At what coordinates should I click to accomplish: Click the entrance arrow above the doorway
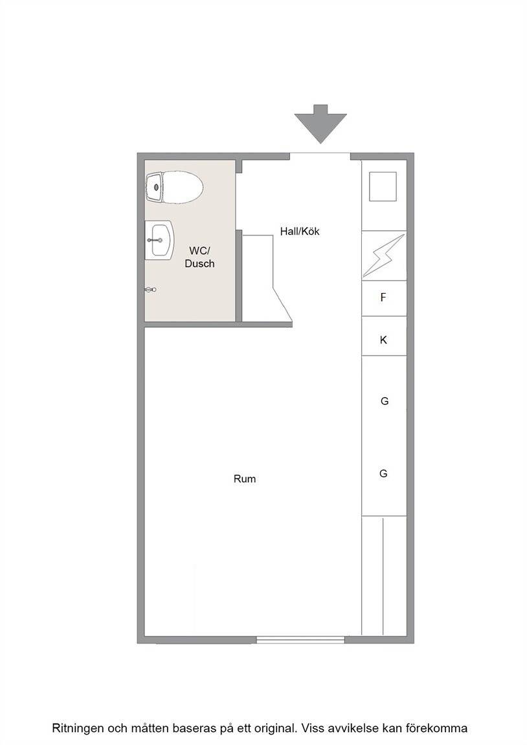pos(320,124)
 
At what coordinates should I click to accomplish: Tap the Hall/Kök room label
pos(300,232)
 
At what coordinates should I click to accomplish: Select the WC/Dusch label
pos(200,257)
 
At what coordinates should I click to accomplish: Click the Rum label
pos(245,479)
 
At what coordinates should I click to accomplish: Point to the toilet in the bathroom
pos(175,188)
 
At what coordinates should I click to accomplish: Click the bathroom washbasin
pos(159,240)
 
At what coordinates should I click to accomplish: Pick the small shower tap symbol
pos(151,289)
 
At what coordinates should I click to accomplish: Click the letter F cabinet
pos(384,298)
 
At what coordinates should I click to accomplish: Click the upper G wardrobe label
pos(385,401)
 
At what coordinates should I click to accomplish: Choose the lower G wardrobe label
pos(383,473)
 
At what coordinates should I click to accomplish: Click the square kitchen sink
pos(383,186)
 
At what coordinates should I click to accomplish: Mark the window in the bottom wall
pos(300,640)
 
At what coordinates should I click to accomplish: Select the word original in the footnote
pos(277,728)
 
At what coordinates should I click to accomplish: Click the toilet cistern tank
pos(155,188)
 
